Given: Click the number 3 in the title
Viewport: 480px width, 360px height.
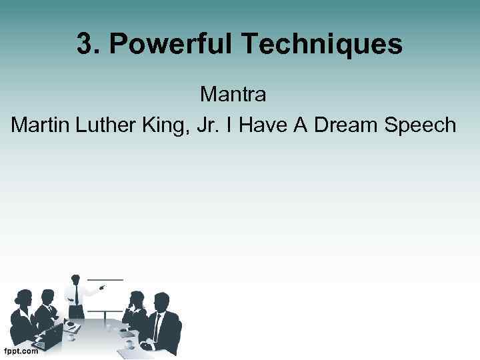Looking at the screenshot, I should pyautogui.click(x=84, y=45).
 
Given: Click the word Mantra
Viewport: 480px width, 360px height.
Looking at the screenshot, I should pyautogui.click(x=233, y=95).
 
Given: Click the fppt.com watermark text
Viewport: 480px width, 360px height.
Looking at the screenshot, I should pyautogui.click(x=21, y=352).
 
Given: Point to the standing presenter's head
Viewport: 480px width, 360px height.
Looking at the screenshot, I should pyautogui.click(x=76, y=278).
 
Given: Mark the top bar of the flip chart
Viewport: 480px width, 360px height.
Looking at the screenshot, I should pyautogui.click(x=106, y=279).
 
